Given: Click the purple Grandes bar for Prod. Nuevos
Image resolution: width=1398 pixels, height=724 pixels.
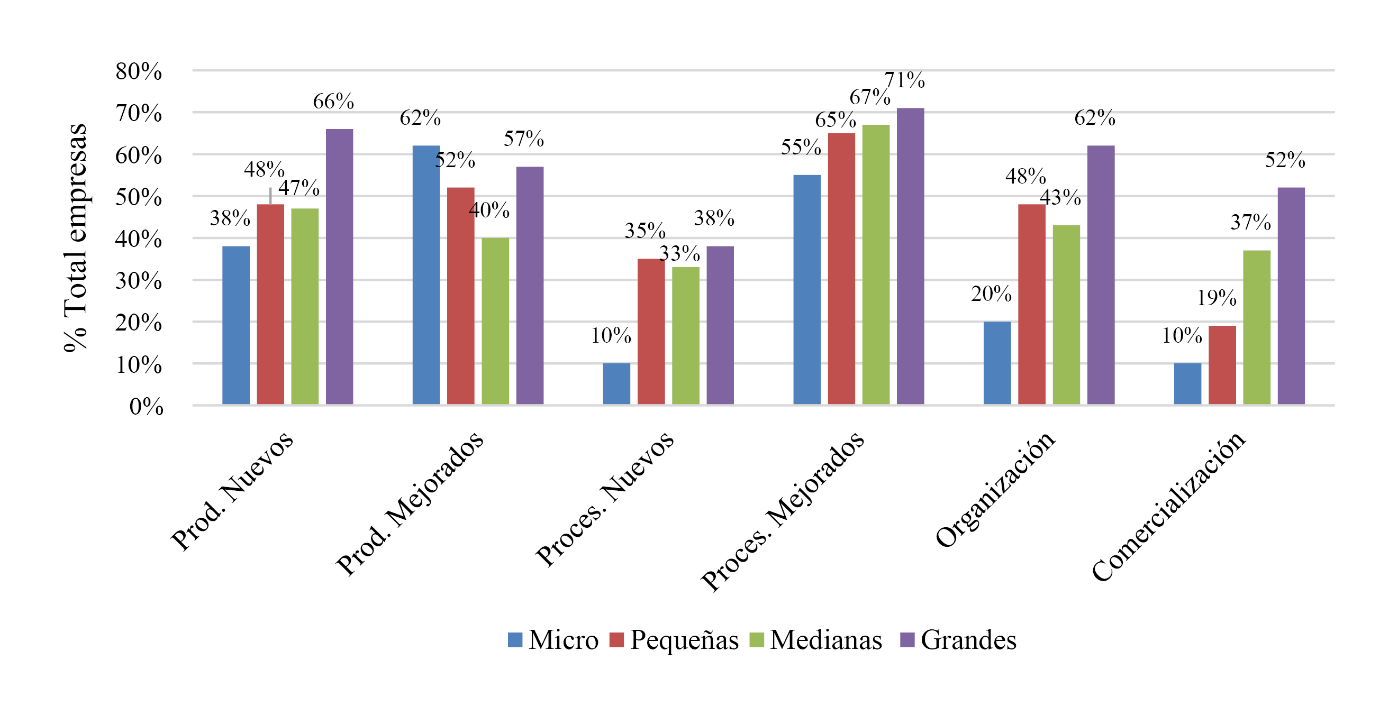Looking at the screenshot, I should pyautogui.click(x=339, y=267).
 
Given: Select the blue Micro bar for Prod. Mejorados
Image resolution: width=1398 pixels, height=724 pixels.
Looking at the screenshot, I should pyautogui.click(x=426, y=274).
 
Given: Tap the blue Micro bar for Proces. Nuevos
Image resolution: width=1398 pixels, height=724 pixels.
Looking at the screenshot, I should pyautogui.click(x=616, y=383).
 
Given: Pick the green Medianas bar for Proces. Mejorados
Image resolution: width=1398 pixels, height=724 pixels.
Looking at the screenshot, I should pyautogui.click(x=876, y=264).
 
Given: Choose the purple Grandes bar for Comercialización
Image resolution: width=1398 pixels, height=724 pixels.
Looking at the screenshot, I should pyautogui.click(x=1291, y=296).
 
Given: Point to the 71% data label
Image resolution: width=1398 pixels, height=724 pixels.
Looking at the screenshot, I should pyautogui.click(x=904, y=80).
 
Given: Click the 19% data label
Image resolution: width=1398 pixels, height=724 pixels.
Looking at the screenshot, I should pyautogui.click(x=1217, y=298).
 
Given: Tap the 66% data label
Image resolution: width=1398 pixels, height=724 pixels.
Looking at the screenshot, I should pyautogui.click(x=333, y=102).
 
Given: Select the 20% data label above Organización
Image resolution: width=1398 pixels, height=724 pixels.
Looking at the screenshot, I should pyautogui.click(x=991, y=294).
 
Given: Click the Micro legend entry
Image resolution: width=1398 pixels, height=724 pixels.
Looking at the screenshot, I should pyautogui.click(x=553, y=640).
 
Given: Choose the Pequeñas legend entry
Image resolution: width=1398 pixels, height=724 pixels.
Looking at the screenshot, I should pyautogui.click(x=675, y=640).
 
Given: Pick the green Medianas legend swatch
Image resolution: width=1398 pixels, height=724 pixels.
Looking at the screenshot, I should pyautogui.click(x=757, y=640).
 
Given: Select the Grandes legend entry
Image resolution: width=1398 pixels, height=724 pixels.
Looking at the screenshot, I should pyautogui.click(x=958, y=640).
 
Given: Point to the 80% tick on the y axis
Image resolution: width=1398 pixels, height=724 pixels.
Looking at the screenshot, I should pyautogui.click(x=139, y=71).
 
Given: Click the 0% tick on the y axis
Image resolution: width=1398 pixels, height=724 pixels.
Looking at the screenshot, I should pyautogui.click(x=146, y=406).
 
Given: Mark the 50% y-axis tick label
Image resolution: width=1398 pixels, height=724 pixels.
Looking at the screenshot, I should pyautogui.click(x=139, y=197).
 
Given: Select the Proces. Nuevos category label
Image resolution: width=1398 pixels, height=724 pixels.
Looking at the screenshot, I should pyautogui.click(x=605, y=498).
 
